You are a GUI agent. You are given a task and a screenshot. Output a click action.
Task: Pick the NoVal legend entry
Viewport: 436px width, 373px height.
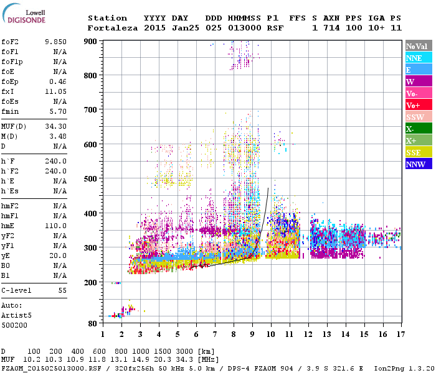pyautogui.click(x=417, y=46)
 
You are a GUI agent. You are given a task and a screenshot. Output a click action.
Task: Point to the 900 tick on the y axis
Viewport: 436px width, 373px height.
pyautogui.click(x=91, y=42)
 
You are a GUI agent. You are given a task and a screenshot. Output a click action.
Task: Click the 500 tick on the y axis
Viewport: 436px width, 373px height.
pyautogui.click(x=91, y=179)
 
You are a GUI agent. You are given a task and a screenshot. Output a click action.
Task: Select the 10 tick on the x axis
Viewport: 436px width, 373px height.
pyautogui.click(x=270, y=334)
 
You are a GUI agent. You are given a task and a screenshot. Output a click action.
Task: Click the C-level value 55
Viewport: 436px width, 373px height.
pyautogui.click(x=62, y=290)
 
